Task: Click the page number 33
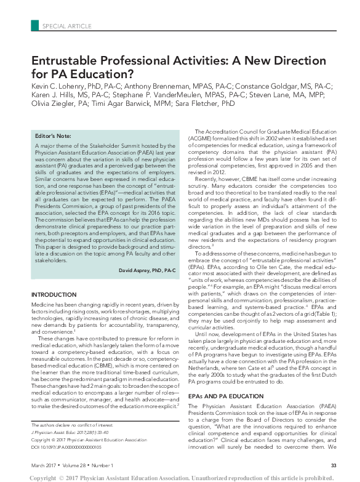pos(333,464)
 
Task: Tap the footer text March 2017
pos(45,464)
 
